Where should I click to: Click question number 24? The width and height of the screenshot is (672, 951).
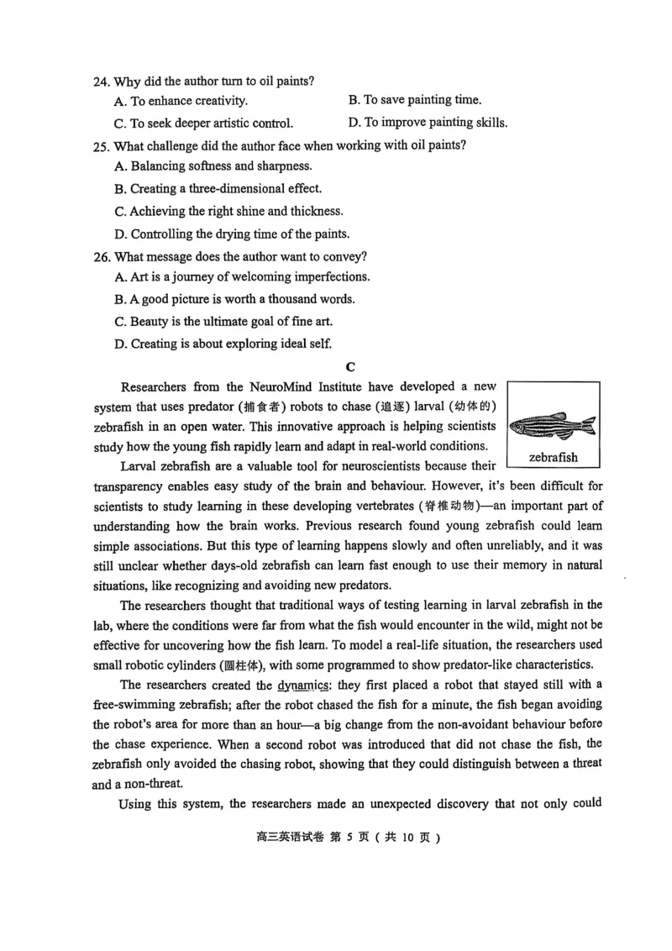click(x=101, y=81)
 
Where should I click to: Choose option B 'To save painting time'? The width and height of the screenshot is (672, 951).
click(x=415, y=100)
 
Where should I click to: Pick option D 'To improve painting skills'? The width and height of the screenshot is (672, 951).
click(x=428, y=123)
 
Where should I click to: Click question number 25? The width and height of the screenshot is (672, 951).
click(x=101, y=144)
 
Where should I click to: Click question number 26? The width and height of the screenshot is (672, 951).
click(x=101, y=255)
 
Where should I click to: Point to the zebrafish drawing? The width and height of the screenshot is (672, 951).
click(x=553, y=423)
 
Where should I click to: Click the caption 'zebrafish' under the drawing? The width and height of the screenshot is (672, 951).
click(x=554, y=458)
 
